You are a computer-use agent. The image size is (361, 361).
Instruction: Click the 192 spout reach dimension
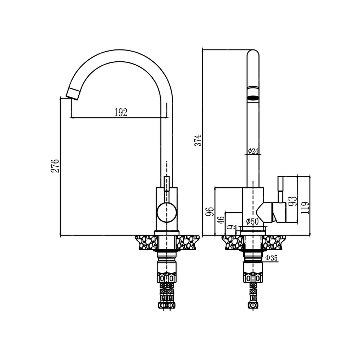pyautogui.click(x=121, y=113)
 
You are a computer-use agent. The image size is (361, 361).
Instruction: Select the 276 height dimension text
pyautogui.click(x=55, y=166)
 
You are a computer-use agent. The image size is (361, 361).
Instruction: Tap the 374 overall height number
pyautogui.click(x=197, y=140)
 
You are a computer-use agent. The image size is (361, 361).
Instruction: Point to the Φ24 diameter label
pyautogui.click(x=253, y=151)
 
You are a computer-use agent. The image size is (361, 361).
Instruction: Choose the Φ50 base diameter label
pyautogui.click(x=252, y=222)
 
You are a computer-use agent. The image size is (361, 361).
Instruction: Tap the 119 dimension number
pyautogui.click(x=305, y=208)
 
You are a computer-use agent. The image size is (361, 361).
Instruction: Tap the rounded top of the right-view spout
pyautogui.click(x=253, y=54)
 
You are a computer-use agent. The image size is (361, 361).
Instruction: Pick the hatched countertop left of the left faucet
pyautogui.click(x=146, y=242)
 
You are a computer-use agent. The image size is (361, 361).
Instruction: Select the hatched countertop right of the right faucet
pyautogui.click(x=276, y=242)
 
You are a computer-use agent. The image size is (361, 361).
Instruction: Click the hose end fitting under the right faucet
pyautogui.click(x=253, y=304)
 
